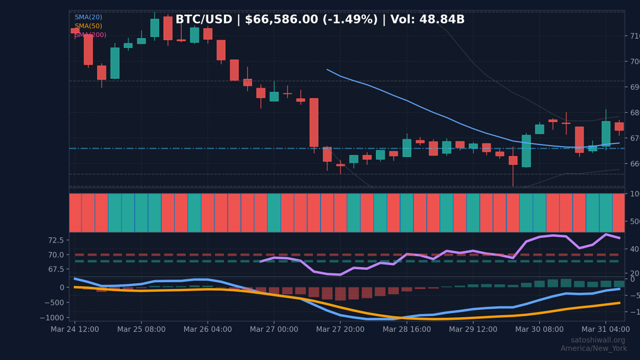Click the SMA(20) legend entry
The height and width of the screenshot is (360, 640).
tap(88, 17)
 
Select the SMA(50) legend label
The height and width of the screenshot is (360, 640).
tap(88, 26)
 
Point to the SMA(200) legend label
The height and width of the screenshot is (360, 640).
tap(90, 35)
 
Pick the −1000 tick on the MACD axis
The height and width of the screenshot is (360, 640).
tap(53, 318)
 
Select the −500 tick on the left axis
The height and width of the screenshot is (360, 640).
tap(55, 303)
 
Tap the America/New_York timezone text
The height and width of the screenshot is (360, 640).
tap(593, 349)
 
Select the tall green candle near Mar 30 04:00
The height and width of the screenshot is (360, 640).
tap(526, 151)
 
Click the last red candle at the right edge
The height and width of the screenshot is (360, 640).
tap(619, 126)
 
